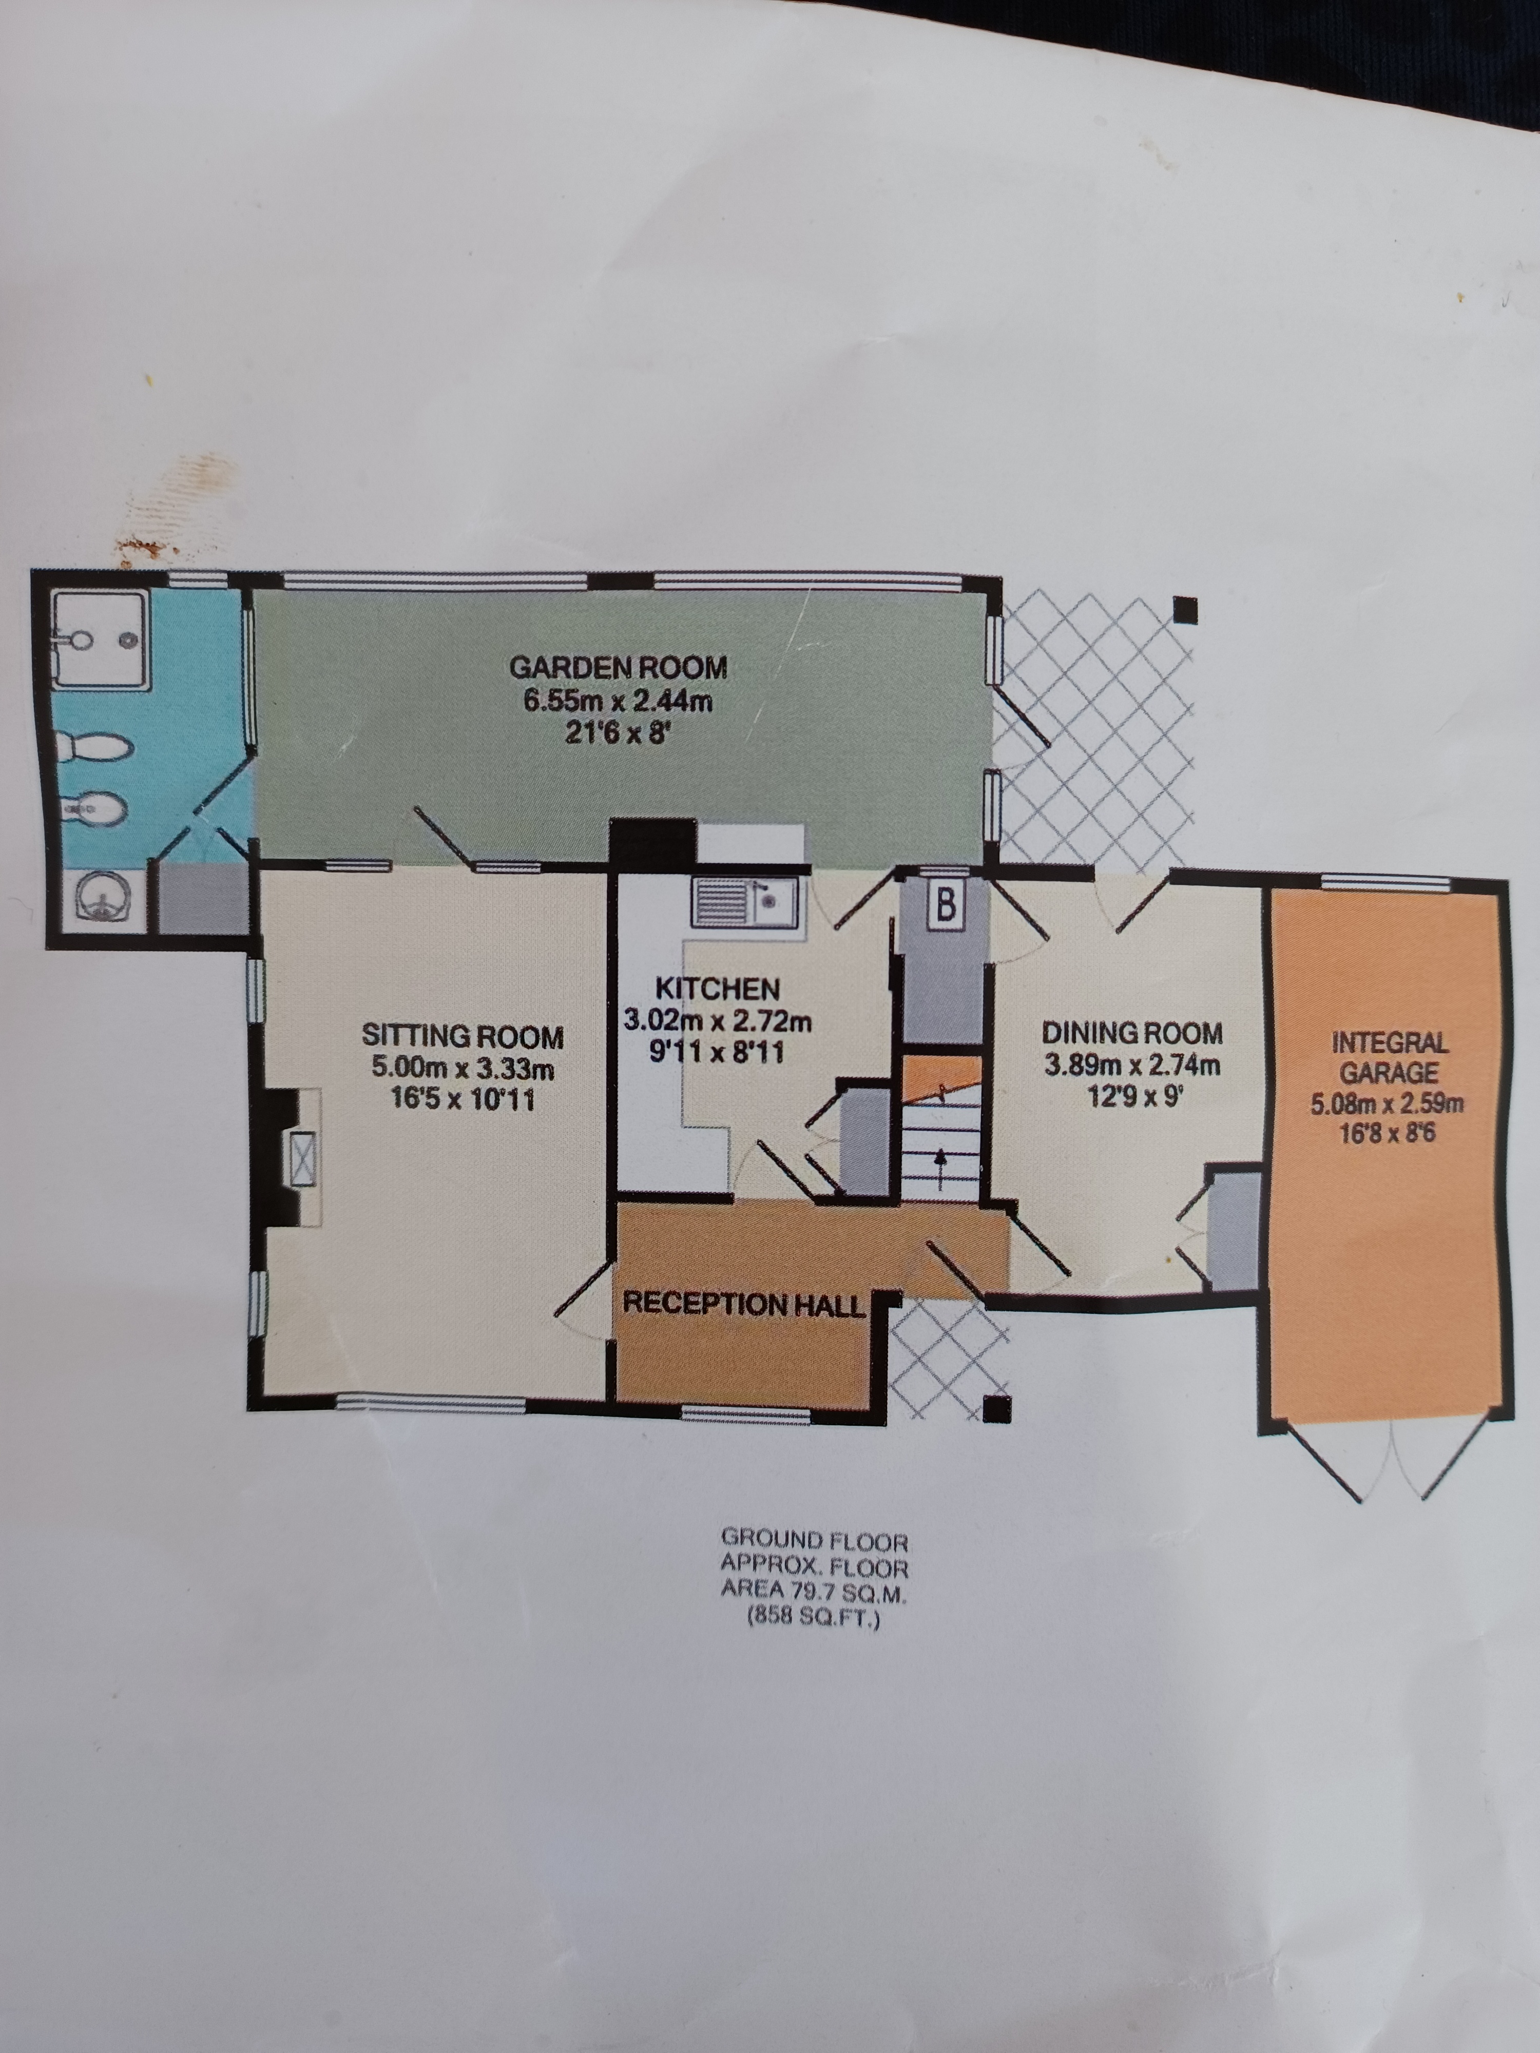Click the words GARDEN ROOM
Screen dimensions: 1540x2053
618,667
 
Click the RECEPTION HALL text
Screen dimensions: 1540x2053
743,1304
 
